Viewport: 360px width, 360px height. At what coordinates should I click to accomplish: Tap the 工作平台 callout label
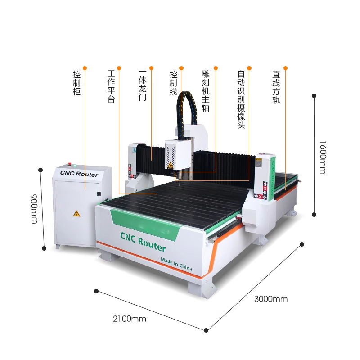pos(111,86)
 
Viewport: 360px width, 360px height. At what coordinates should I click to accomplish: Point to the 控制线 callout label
pos(173,82)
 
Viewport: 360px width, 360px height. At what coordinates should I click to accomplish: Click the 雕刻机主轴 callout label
pos(206,90)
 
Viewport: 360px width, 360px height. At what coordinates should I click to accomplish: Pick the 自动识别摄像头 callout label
pos(241,99)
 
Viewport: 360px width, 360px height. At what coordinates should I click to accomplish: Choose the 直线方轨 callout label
pos(276,86)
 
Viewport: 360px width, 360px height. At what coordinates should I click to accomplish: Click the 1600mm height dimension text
pos(323,157)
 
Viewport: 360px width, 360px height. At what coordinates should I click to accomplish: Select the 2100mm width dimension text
pos(130,319)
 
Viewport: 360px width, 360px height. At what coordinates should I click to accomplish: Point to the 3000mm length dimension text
pos(271,299)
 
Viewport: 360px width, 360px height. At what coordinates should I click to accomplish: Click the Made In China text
pos(176,264)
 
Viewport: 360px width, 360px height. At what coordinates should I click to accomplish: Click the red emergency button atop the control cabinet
pos(70,164)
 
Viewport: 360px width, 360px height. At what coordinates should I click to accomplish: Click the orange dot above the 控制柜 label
pos(85,68)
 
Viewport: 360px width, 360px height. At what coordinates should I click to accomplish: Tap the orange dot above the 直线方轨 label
pos(285,68)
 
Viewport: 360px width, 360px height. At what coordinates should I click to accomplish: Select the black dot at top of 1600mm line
pos(315,95)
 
